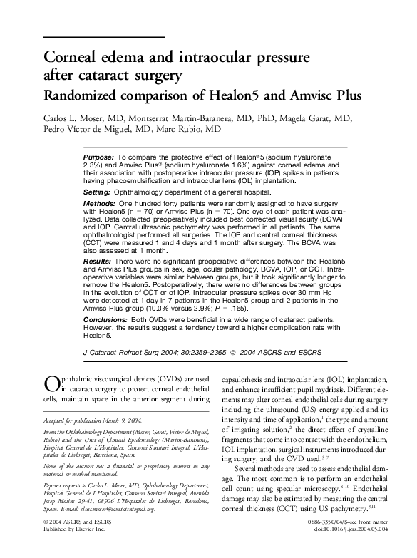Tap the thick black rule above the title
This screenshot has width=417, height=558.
coord(104,36)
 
